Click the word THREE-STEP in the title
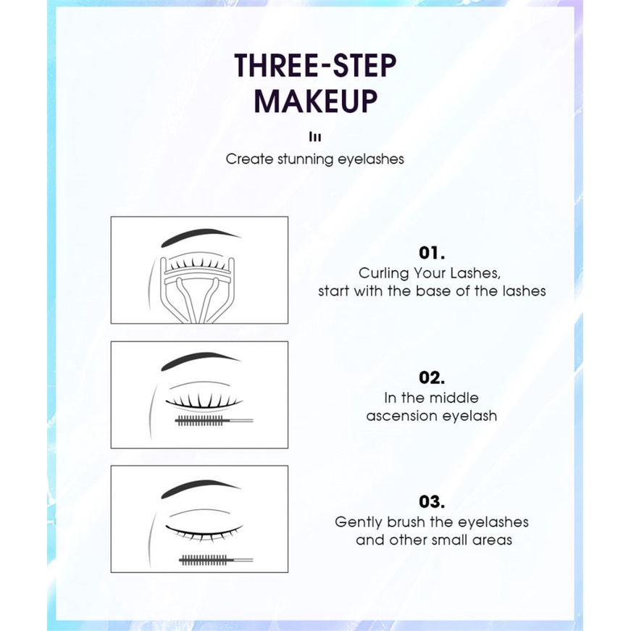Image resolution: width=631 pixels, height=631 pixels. pyautogui.click(x=315, y=66)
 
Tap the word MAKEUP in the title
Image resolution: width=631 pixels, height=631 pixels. pyautogui.click(x=315, y=101)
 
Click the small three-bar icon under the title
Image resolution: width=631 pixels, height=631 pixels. pyautogui.click(x=315, y=136)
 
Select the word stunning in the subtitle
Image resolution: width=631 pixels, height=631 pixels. pyautogui.click(x=306, y=159)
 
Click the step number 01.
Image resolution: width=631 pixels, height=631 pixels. pyautogui.click(x=431, y=253)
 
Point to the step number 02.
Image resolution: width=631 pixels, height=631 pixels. pyautogui.click(x=431, y=377)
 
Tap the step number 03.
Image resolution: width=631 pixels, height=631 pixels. pyautogui.click(x=431, y=501)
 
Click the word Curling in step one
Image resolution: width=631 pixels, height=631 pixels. pyautogui.click(x=384, y=274)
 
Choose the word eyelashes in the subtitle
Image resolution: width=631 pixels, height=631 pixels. pyautogui.click(x=371, y=159)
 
